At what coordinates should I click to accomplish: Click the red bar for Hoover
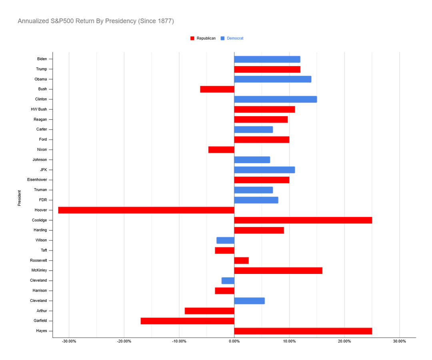[x=146, y=210]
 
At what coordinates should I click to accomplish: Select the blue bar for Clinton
[x=276, y=99]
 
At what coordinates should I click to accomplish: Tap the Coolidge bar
[x=303, y=220]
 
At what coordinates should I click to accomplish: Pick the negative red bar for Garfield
[x=188, y=321]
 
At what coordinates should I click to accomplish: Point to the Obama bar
[x=273, y=79]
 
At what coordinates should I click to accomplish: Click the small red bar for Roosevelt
[x=242, y=261]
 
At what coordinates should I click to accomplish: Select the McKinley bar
[x=278, y=271]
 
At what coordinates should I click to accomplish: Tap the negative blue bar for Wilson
[x=226, y=240]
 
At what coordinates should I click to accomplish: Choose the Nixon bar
[x=221, y=150]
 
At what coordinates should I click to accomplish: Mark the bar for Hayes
[x=303, y=331]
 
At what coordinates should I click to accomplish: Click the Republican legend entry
[x=203, y=38]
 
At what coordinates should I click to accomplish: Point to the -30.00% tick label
[x=69, y=342]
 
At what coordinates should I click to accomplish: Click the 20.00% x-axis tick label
[x=344, y=342]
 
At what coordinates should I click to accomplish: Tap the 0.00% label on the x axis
[x=234, y=342]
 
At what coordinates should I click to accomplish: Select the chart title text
[x=96, y=21]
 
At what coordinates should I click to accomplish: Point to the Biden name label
[x=42, y=59]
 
